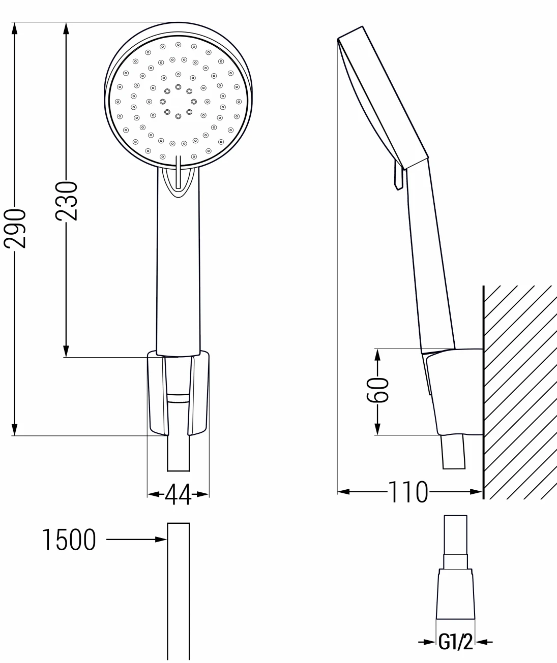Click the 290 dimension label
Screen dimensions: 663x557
15,228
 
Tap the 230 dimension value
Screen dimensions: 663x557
66,200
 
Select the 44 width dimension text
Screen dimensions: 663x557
178,494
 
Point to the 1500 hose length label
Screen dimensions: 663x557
68,540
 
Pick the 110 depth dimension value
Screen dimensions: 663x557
408,492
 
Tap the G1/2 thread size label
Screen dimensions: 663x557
456,643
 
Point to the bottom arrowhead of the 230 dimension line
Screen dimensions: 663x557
66,351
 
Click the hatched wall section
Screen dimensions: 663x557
519,391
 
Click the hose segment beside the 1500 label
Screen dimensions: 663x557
179,589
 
